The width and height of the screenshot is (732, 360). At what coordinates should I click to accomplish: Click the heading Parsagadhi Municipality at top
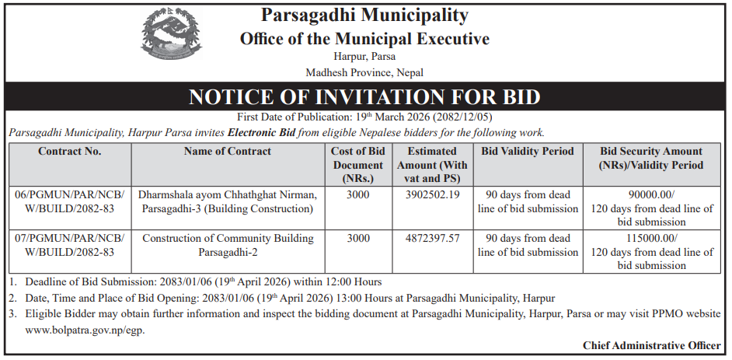(364, 15)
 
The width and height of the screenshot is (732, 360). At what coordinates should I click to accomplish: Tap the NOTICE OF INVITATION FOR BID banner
(365, 97)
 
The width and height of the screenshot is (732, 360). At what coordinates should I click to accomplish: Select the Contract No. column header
(70, 152)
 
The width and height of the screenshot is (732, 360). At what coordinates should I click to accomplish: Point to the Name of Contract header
(228, 152)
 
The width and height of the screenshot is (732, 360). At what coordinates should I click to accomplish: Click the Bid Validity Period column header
(528, 152)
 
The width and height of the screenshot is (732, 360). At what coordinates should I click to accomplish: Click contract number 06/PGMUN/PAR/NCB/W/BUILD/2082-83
(70, 201)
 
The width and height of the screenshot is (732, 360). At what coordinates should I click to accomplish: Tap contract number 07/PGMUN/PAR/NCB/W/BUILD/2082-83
(70, 245)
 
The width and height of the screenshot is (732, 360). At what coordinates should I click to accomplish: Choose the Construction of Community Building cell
(228, 245)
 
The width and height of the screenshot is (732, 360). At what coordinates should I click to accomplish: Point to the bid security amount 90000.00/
(651, 194)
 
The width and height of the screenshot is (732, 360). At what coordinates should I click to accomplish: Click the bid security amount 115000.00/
(651, 238)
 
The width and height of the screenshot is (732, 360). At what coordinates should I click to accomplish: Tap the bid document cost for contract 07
(358, 238)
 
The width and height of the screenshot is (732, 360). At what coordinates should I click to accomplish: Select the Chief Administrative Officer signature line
(653, 346)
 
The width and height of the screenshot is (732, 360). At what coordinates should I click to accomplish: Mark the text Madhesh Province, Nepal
(364, 72)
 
